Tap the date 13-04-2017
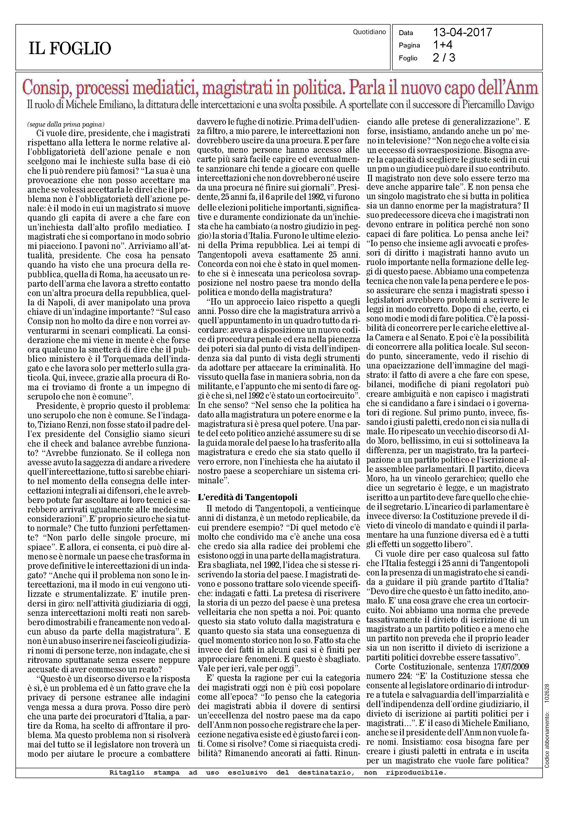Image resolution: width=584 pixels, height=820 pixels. pos(463,33)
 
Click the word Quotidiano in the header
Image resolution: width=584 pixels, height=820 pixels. pos(369,32)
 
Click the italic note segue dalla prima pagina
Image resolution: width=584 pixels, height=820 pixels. pos(66,125)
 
